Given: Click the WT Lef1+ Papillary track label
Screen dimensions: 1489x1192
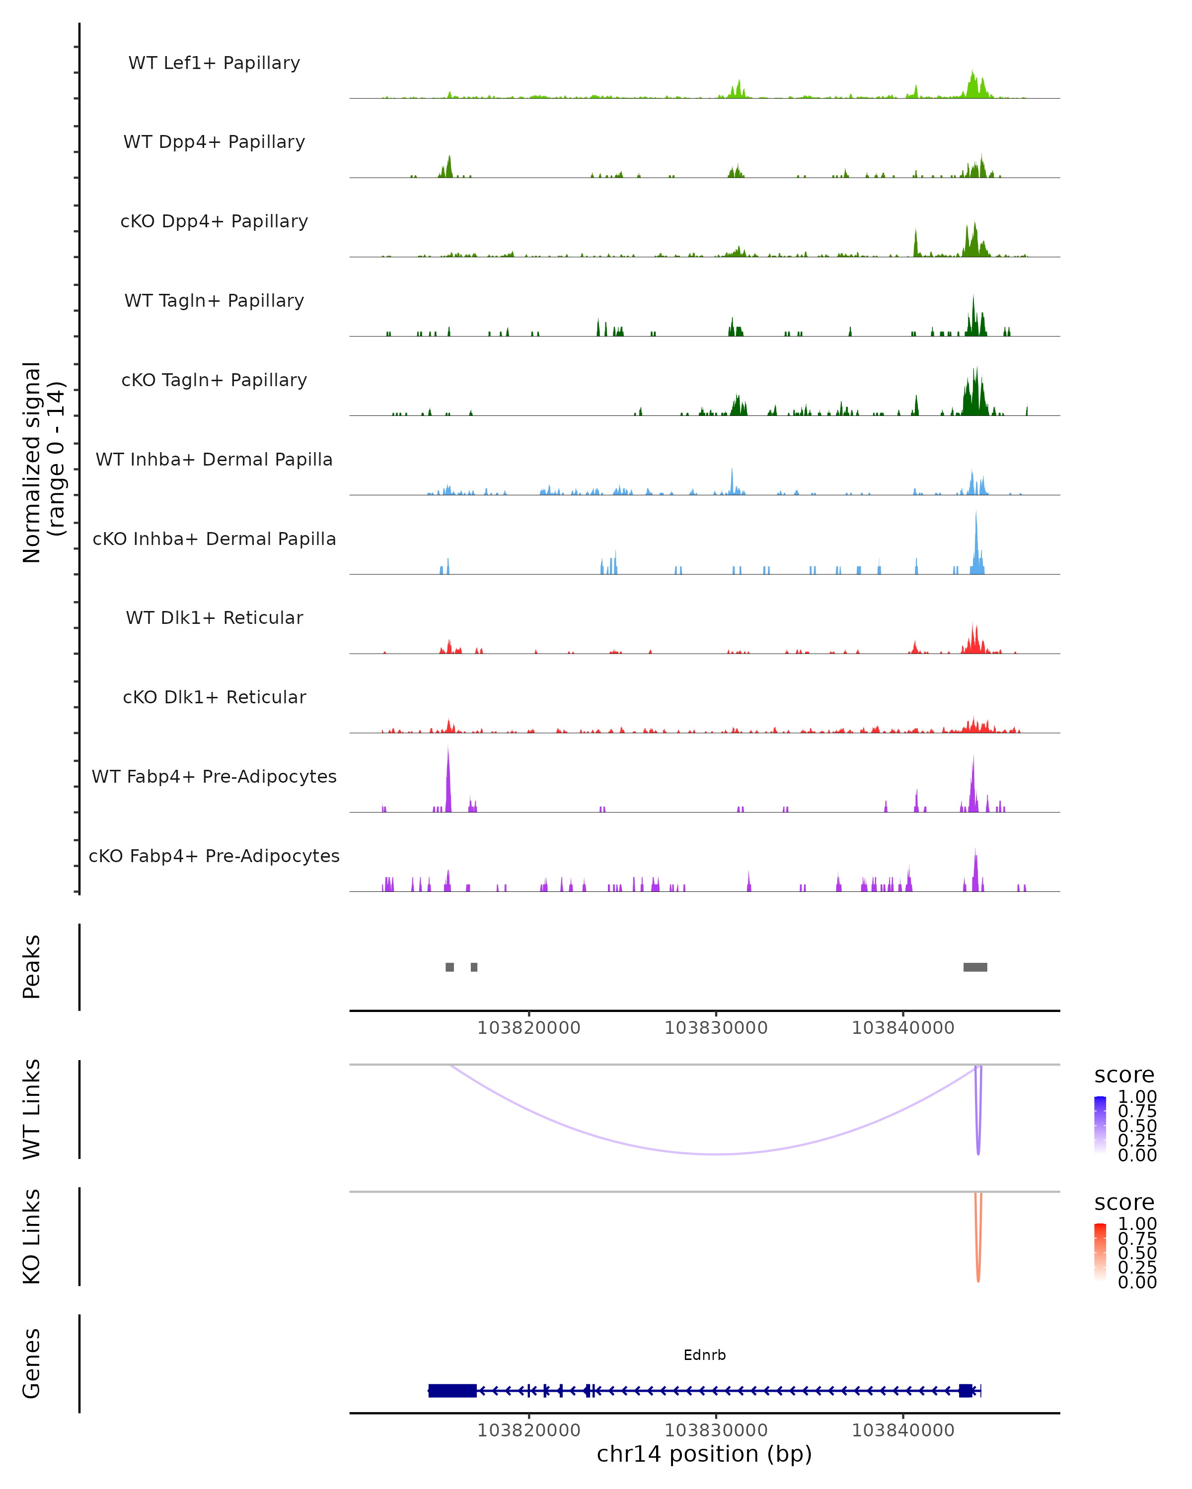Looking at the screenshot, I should pos(214,63).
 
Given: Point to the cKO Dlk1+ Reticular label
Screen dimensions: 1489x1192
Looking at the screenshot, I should pos(214,697).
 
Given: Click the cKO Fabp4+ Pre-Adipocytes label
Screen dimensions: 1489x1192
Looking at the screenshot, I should pos(214,856).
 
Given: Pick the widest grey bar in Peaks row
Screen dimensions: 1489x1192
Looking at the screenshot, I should pos(975,967).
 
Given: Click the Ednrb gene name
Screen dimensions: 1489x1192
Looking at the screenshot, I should pos(704,1355).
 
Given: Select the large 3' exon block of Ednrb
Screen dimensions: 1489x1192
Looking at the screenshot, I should pos(452,1390).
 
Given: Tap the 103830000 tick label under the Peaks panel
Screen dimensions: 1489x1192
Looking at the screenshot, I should pos(716,1028).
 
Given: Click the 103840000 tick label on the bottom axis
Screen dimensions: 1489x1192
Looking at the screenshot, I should pos(902,1429).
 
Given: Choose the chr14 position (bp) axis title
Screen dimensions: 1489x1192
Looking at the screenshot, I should pos(704,1454).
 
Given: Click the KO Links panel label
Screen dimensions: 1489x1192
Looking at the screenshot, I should pos(32,1236).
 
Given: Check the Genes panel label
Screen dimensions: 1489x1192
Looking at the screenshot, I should pos(32,1363).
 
